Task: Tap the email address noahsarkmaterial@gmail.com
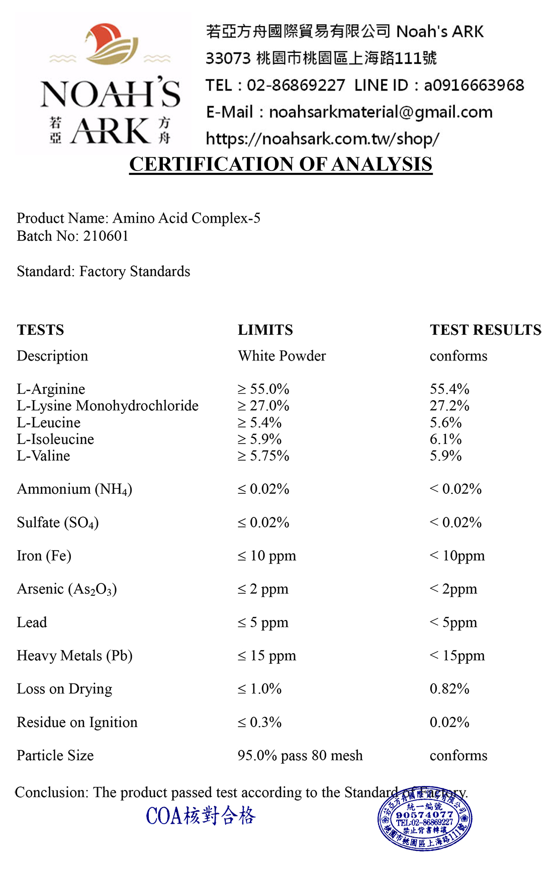point(381,112)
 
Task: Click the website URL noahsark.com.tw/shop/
point(322,139)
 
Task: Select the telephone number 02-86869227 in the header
point(296,85)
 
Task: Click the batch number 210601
point(106,236)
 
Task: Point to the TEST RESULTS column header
point(485,330)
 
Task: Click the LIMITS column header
point(265,330)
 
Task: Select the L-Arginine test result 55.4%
point(449,389)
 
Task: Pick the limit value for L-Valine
point(263,456)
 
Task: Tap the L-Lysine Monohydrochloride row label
point(108,405)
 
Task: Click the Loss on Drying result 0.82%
point(449,688)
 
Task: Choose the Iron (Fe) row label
point(44,556)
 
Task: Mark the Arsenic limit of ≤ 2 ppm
point(263,589)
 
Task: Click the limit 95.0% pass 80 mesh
point(300,755)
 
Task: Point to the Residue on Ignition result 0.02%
point(449,722)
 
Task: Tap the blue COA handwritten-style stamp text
point(201,816)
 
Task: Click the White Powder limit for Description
point(282,356)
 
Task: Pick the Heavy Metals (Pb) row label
point(74,655)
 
